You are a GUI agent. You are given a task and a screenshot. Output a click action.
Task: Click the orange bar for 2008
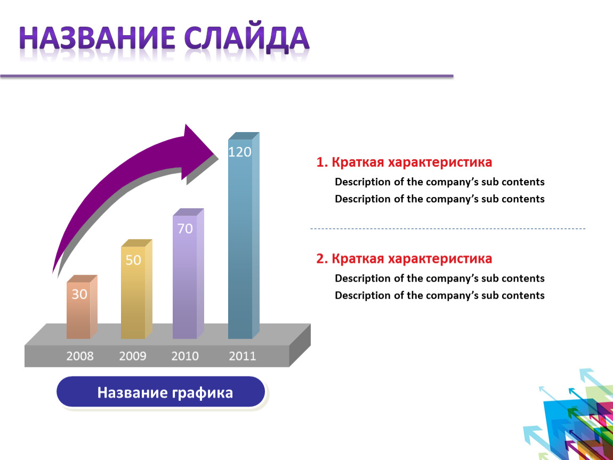pos(82,307)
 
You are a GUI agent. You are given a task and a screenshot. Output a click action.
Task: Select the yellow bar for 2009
pos(136,289)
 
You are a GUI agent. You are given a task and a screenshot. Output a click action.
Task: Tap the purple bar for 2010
pos(188,274)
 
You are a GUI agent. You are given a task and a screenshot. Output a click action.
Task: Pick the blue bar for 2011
pos(244,236)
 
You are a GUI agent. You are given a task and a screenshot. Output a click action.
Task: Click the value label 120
pos(240,152)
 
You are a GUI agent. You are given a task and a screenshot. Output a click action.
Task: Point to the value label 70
pos(185,228)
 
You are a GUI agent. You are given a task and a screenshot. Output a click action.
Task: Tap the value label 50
pos(133,260)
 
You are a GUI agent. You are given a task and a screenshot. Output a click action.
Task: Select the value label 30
pos(79,294)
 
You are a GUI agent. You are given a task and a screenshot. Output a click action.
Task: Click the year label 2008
pos(80,356)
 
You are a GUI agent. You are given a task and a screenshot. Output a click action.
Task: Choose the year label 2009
pos(133,356)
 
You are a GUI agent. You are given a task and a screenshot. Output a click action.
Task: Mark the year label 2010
pos(185,356)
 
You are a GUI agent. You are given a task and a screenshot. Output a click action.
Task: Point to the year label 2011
pos(243,356)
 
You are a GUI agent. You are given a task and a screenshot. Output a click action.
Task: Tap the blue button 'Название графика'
pos(160,392)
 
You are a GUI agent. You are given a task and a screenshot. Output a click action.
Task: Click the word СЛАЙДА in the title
pos(247,39)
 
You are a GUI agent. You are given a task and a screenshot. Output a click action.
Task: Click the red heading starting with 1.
pos(404,162)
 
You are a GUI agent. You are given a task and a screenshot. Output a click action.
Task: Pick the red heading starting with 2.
pos(404,259)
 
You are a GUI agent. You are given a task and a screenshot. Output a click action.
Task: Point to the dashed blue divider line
pos(448,228)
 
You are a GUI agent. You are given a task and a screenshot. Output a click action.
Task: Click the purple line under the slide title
pos(227,76)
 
